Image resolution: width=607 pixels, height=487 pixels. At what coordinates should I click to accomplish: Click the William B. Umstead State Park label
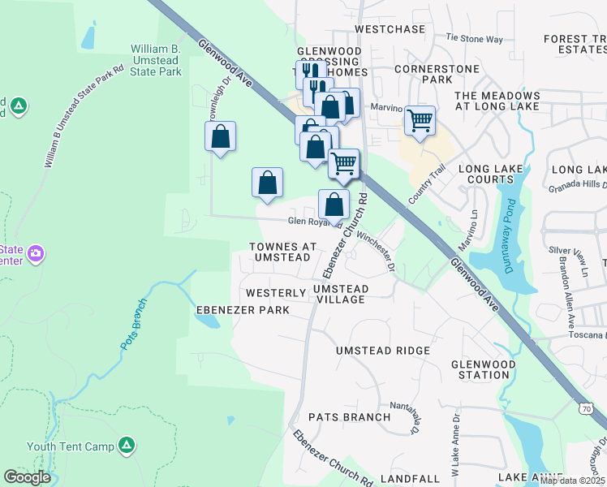[x=156, y=61]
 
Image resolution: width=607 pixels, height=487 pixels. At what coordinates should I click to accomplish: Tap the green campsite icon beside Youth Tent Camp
[x=127, y=445]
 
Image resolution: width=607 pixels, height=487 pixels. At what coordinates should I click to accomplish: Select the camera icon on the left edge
[x=35, y=254]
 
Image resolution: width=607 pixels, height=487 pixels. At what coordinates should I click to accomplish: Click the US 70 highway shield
[x=586, y=409]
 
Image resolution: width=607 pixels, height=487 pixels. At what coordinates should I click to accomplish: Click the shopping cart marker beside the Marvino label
[x=420, y=121]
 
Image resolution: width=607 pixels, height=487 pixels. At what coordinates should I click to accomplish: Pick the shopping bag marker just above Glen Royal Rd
[x=334, y=204]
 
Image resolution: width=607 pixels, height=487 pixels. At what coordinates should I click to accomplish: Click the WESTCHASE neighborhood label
[x=390, y=29]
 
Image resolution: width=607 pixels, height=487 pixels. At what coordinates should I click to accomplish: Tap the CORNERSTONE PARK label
[x=434, y=75]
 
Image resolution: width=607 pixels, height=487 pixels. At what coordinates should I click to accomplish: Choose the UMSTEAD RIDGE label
[x=383, y=350]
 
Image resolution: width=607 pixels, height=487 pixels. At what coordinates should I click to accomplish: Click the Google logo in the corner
[x=28, y=477]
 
